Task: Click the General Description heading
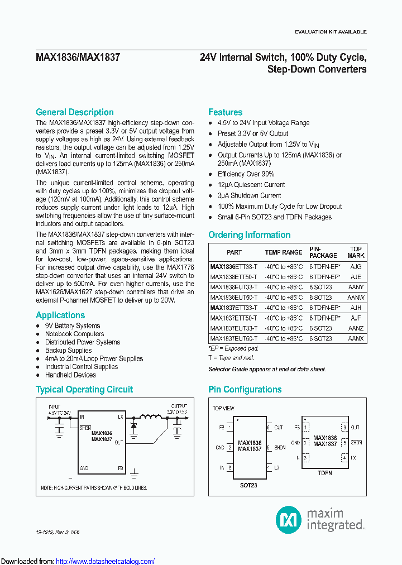[x=74, y=112]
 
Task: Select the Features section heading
[x=225, y=112]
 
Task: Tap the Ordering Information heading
[x=249, y=235]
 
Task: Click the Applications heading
[x=60, y=315]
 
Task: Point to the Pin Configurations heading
[x=245, y=390]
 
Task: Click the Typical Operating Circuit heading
[x=84, y=390]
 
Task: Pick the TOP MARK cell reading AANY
[x=356, y=287]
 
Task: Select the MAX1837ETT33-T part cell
[x=234, y=308]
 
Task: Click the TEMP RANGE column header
[x=283, y=252]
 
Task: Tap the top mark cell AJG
[x=356, y=267]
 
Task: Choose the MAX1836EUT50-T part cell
[x=234, y=298]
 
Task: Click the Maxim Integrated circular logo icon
[x=289, y=520]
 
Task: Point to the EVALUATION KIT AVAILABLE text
[x=331, y=32]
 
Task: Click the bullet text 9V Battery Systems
[x=73, y=326]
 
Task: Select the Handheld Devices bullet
[x=70, y=375]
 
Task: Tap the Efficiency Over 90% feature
[x=246, y=174]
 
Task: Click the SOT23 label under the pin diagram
[x=248, y=486]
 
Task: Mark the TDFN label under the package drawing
[x=324, y=473]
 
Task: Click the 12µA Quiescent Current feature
[x=251, y=185]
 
